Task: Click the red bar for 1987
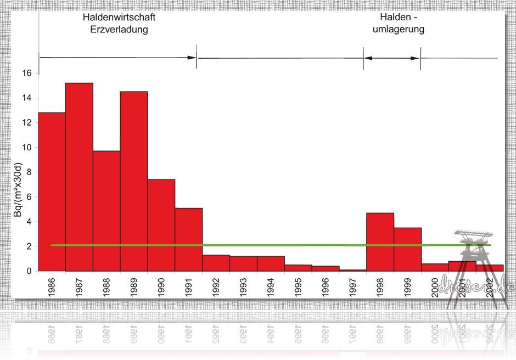79,177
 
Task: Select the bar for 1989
134,181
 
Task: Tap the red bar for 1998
380,241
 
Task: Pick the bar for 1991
189,239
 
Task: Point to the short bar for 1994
271,263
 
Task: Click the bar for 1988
106,211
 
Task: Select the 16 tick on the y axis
27,73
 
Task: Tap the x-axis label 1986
52,287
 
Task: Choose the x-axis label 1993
243,287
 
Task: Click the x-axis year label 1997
353,287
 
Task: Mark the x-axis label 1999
408,287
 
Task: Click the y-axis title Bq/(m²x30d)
18,190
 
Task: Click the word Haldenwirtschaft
119,18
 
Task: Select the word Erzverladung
119,30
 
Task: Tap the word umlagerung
399,30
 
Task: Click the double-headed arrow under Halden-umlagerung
391,58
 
